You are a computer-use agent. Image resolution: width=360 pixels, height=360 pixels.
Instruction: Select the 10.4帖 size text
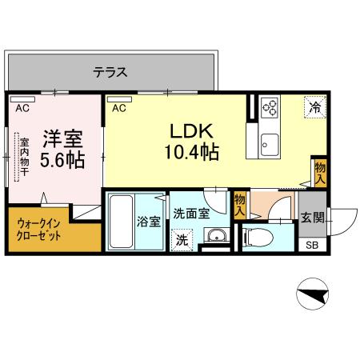click(192, 151)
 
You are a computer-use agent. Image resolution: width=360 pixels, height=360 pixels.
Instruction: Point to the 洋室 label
click(62, 137)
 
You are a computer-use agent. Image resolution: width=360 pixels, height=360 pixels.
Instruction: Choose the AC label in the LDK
click(119, 107)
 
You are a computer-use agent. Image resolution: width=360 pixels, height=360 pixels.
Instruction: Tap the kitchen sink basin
click(269, 145)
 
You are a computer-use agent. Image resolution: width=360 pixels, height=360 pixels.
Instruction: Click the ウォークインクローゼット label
click(38, 232)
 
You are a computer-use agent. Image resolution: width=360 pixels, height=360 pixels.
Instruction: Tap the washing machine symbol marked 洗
click(182, 238)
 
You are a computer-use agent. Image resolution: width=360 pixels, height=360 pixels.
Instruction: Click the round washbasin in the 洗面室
click(214, 236)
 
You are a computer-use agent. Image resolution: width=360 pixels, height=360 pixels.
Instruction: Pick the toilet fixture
click(256, 238)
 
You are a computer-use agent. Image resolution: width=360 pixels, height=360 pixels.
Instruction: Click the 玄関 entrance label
click(311, 218)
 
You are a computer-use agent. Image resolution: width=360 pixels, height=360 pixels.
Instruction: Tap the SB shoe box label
click(311, 245)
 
